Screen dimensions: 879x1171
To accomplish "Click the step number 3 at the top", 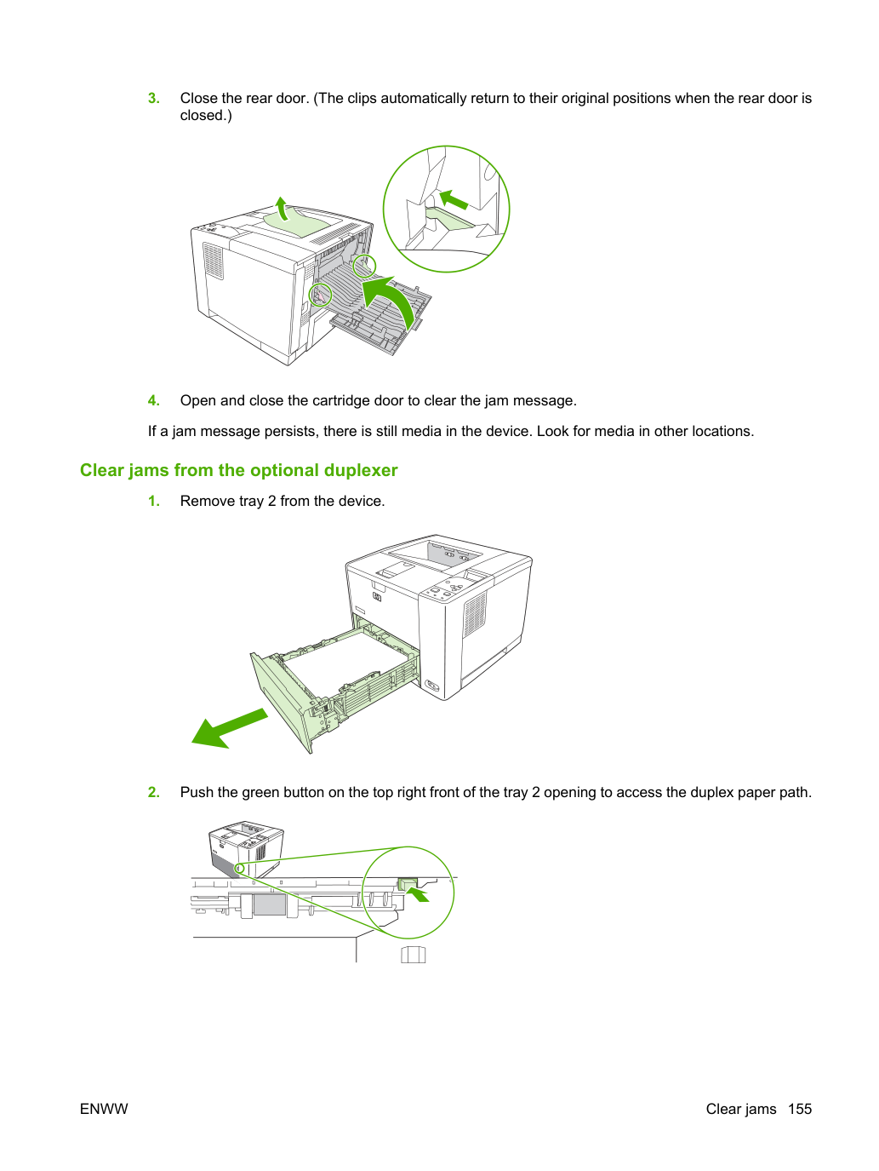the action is [x=153, y=99].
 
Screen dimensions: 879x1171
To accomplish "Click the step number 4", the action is [x=153, y=400].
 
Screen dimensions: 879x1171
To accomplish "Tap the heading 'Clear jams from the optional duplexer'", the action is [x=239, y=470].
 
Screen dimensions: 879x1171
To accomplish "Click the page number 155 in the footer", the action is [x=800, y=1109].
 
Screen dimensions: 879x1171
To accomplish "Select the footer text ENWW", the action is [x=104, y=1109].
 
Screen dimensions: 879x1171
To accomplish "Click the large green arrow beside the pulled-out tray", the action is [x=229, y=728].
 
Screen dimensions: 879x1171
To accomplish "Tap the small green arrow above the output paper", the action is [x=282, y=207].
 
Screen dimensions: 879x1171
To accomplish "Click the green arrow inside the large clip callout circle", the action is [x=454, y=199].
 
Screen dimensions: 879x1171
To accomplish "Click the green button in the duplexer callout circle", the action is [x=408, y=885].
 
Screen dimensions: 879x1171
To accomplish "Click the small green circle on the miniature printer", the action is [x=240, y=869].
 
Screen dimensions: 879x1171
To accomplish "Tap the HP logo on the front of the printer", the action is [x=377, y=598].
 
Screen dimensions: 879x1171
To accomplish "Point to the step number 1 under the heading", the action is [x=153, y=502].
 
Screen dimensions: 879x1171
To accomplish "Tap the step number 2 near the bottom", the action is [x=153, y=793].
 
